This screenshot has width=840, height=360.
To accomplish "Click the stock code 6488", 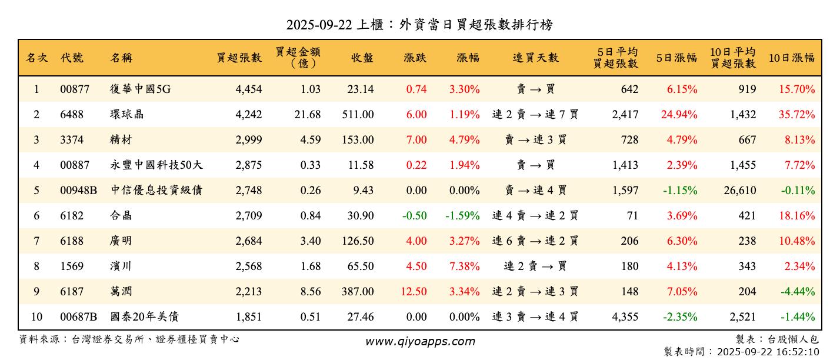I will click(x=72, y=115).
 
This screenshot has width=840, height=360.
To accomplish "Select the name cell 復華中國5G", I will click(x=140, y=89).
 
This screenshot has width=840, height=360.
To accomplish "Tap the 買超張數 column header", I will click(x=239, y=58).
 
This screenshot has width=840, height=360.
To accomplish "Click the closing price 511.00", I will click(x=358, y=115).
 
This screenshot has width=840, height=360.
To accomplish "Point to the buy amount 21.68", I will click(x=308, y=115).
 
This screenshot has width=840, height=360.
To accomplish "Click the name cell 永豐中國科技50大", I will click(x=156, y=165).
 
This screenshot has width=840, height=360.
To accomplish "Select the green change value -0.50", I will click(x=415, y=216).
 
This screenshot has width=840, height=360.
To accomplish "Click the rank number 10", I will click(x=36, y=317).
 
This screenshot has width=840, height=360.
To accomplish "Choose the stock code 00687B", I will click(x=78, y=317).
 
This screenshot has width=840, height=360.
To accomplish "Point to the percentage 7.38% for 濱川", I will click(x=465, y=266).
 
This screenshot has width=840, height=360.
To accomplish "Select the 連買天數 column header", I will click(x=535, y=58).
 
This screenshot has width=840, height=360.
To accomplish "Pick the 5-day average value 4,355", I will click(x=625, y=317).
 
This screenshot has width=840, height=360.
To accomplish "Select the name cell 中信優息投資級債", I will click(x=156, y=191).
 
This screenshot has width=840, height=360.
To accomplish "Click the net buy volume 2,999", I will click(x=248, y=140).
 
